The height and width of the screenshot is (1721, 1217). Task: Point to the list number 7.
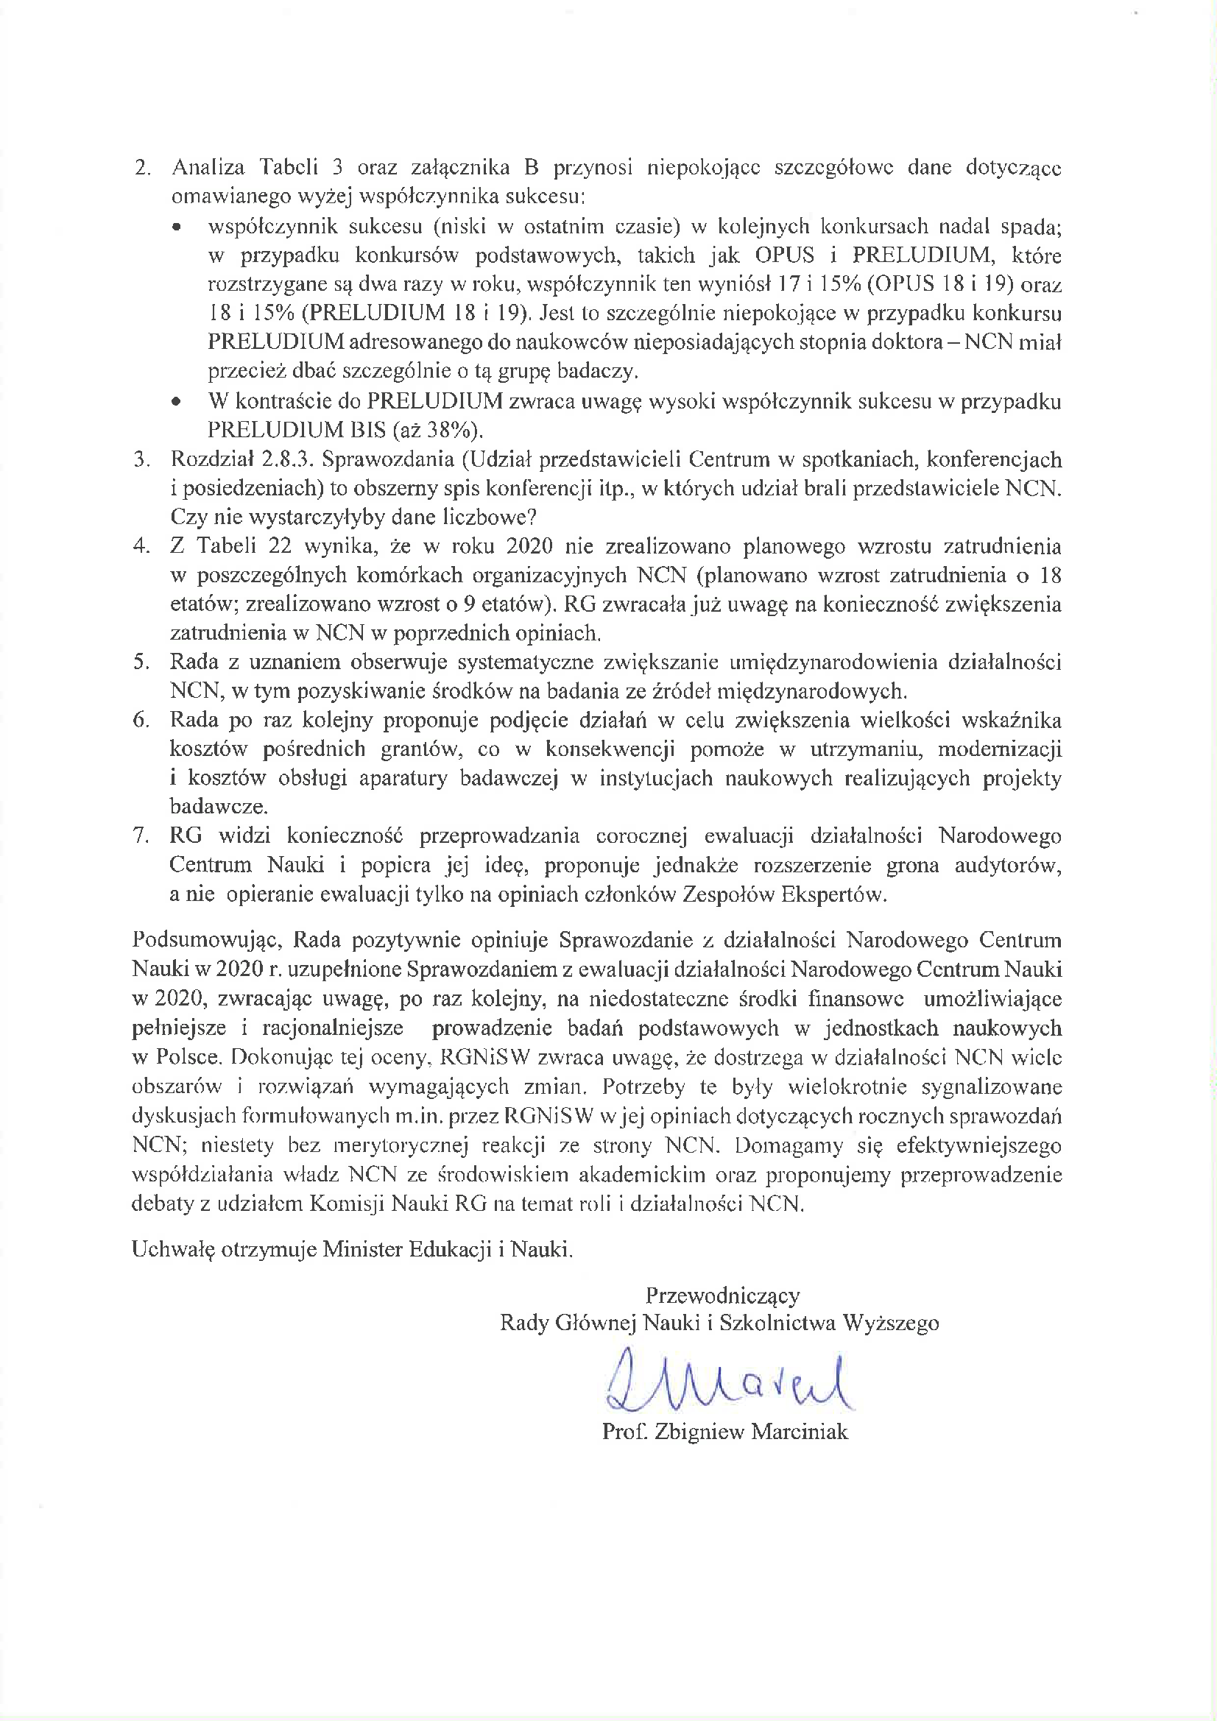click(x=143, y=835)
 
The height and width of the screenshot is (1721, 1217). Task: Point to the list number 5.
click(x=143, y=662)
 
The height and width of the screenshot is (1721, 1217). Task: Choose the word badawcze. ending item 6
click(x=218, y=807)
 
